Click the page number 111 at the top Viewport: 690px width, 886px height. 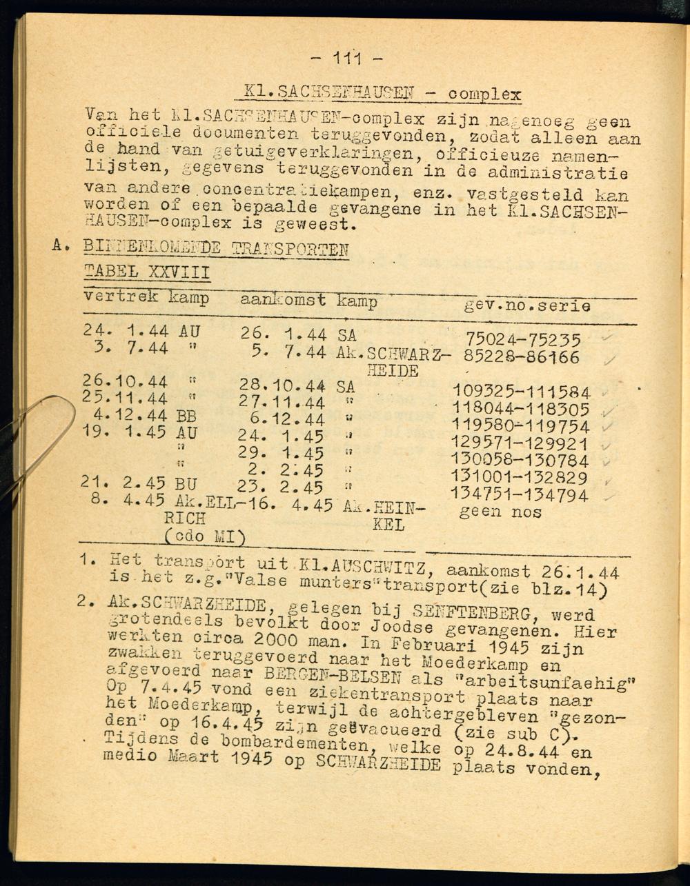click(347, 58)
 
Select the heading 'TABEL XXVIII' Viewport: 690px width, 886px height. click(147, 271)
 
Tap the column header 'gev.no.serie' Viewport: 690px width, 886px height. click(527, 305)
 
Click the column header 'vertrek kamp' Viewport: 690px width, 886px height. click(146, 298)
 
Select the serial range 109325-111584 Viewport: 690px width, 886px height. click(521, 393)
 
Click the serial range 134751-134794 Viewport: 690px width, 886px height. click(520, 495)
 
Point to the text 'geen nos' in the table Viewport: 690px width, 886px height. click(500, 512)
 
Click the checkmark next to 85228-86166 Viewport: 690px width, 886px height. click(610, 359)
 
